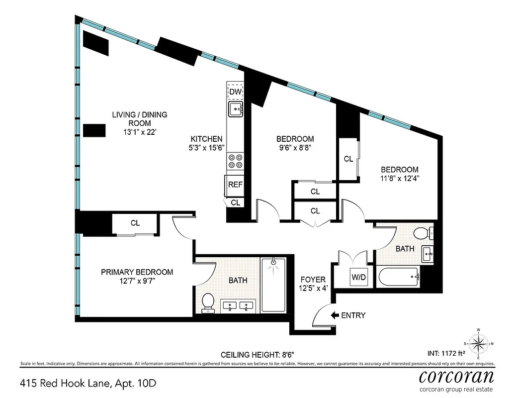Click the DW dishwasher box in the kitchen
(x=235, y=92)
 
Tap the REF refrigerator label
(x=235, y=185)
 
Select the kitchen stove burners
(x=235, y=161)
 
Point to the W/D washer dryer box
(x=358, y=277)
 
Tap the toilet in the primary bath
(x=208, y=303)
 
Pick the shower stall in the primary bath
(x=273, y=285)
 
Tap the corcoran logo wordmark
(x=457, y=376)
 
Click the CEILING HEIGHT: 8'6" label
(x=257, y=355)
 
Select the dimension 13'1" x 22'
(x=139, y=132)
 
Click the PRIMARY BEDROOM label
(x=137, y=272)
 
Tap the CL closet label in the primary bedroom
(x=135, y=223)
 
